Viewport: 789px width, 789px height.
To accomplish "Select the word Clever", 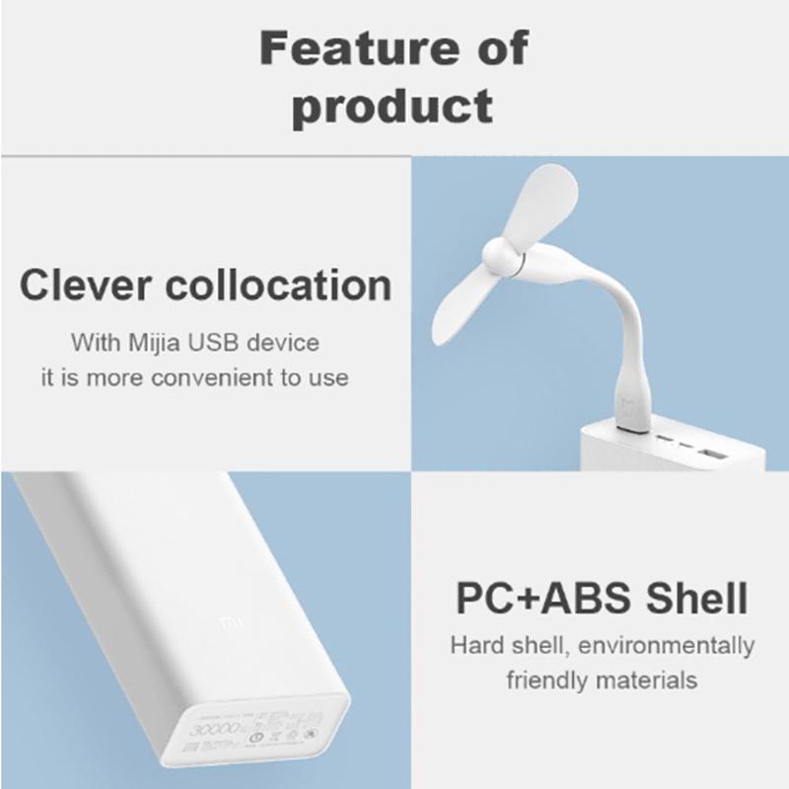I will (89, 285).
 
